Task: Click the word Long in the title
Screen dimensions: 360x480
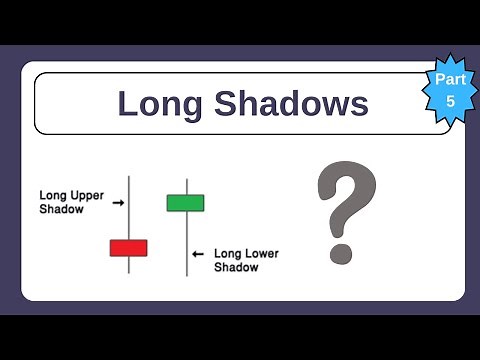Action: [x=156, y=103]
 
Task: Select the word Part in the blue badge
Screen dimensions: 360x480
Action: [x=448, y=78]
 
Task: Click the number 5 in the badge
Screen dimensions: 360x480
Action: [x=449, y=101]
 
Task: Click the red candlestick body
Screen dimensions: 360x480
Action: [x=128, y=247]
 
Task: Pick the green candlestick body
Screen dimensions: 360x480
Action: [x=186, y=202]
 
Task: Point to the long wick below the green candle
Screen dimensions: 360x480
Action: [x=186, y=245]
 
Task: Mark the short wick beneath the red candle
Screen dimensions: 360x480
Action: [x=128, y=262]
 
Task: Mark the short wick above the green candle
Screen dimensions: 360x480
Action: [x=186, y=187]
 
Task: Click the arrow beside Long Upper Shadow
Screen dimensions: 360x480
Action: [x=118, y=202]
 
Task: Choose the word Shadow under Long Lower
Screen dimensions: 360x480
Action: [x=236, y=269]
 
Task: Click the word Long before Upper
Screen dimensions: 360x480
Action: [x=53, y=194]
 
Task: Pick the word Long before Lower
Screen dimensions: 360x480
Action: [x=228, y=254]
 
